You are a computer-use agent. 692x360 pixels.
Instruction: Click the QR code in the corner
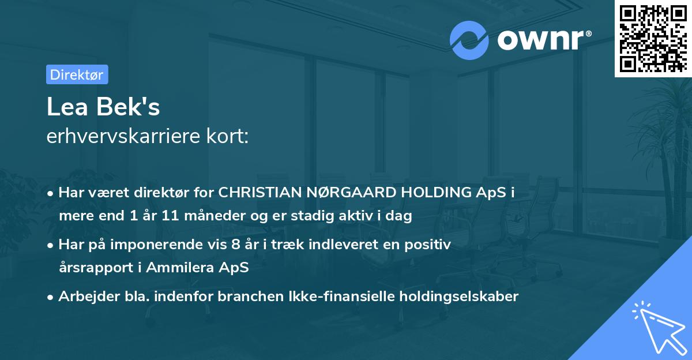(x=653, y=38)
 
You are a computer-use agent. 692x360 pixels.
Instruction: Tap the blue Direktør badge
(x=77, y=74)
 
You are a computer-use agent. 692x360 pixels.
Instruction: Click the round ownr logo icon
(x=469, y=40)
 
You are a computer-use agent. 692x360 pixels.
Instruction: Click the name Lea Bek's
(x=103, y=107)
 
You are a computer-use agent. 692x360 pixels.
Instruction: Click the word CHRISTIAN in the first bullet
(x=255, y=193)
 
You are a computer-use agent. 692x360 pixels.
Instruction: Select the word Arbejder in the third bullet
(x=85, y=297)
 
